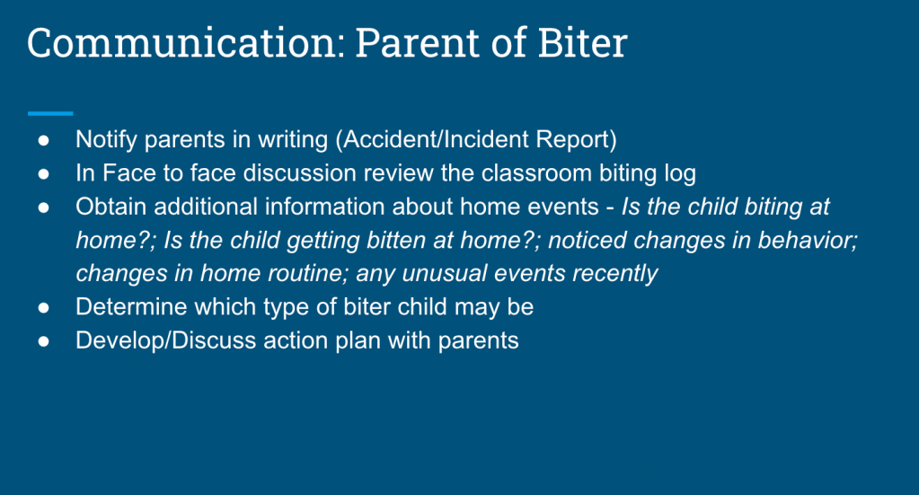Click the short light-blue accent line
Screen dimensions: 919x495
pos(50,113)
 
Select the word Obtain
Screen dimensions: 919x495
pos(110,207)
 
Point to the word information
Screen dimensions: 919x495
pos(323,207)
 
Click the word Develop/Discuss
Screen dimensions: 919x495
pos(166,341)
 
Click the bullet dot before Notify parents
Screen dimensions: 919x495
pos(44,140)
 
